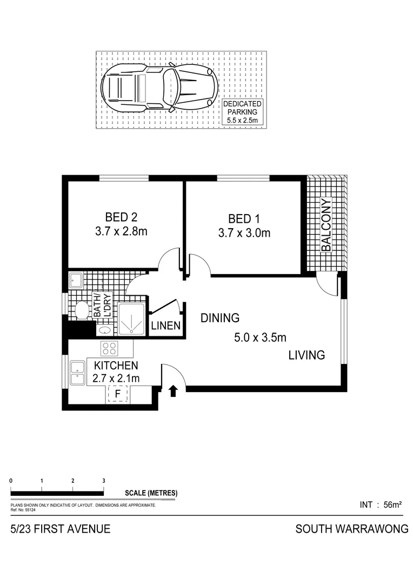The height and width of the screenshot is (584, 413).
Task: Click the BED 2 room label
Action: [121, 217]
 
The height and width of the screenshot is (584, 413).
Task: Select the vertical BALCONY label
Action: [326, 225]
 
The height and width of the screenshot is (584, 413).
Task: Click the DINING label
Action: [220, 318]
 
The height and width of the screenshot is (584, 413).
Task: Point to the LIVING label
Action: [306, 355]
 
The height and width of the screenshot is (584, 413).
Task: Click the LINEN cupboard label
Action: [166, 326]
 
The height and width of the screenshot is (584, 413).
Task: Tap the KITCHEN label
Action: [116, 366]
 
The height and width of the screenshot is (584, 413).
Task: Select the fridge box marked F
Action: [117, 394]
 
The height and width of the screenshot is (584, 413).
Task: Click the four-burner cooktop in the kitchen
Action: [110, 347]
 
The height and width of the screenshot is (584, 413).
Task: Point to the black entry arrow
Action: [174, 391]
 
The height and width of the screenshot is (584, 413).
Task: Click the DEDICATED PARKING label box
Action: [243, 112]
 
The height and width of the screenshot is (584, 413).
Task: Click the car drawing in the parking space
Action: [160, 87]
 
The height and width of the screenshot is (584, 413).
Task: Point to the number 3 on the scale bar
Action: [103, 480]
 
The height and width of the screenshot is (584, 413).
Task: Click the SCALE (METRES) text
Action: [151, 493]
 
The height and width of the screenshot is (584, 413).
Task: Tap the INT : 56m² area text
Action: [380, 505]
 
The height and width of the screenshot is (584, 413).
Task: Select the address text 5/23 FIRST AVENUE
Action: [61, 529]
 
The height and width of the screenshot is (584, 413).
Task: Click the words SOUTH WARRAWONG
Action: [351, 529]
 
